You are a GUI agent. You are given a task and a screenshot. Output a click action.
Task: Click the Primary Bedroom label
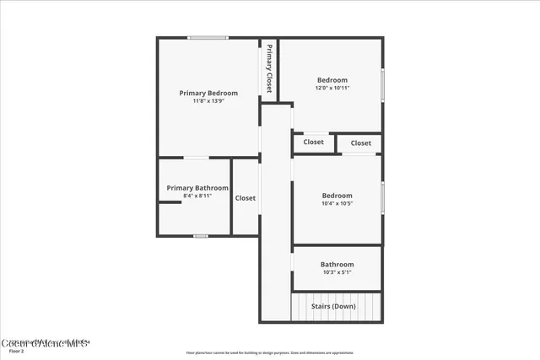click(x=208, y=93)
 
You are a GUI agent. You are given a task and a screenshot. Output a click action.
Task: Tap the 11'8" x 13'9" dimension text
click(x=208, y=101)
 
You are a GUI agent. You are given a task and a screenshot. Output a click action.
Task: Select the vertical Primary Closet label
click(x=269, y=67)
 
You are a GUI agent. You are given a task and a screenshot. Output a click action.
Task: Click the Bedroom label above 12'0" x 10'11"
click(x=332, y=80)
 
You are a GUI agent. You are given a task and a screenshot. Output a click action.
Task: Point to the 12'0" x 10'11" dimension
click(x=332, y=88)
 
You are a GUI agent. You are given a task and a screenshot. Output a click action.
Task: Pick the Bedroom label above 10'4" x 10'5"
click(x=337, y=196)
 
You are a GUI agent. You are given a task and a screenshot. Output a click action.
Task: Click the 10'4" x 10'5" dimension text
click(x=337, y=203)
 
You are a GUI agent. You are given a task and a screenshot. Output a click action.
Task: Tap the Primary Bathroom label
click(x=197, y=188)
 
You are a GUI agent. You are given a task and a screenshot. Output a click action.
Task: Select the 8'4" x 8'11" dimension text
click(x=197, y=196)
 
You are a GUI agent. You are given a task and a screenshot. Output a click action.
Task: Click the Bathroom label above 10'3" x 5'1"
click(x=337, y=264)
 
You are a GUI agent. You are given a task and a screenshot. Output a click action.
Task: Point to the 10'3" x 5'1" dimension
click(x=337, y=271)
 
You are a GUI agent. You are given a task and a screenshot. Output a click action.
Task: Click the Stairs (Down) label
click(x=333, y=306)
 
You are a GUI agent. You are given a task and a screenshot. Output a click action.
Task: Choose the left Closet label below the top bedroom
click(x=313, y=142)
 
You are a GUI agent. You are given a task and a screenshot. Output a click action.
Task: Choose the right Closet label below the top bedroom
click(x=360, y=143)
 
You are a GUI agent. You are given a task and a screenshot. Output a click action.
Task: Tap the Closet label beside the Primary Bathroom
click(x=246, y=198)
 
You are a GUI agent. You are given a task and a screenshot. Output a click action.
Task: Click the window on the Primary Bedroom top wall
click(x=208, y=37)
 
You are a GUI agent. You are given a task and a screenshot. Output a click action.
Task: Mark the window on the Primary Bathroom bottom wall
click(x=200, y=236)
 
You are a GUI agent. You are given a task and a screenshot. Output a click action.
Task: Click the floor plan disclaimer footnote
click(x=270, y=352)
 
